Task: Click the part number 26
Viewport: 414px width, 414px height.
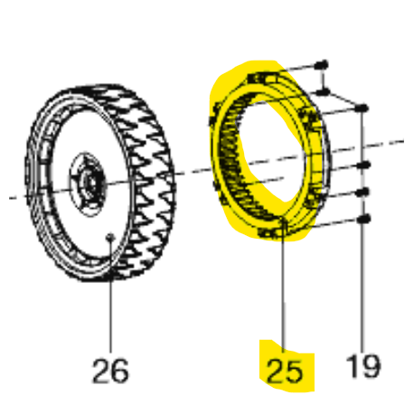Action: [110, 371]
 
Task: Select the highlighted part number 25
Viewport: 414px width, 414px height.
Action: [284, 372]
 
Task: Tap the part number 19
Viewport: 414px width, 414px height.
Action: [363, 366]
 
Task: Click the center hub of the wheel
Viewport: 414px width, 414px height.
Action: [89, 183]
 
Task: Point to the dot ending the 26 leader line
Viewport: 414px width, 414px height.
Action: [110, 237]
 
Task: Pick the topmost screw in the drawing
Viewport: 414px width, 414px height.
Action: [322, 64]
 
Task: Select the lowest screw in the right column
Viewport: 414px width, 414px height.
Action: [363, 219]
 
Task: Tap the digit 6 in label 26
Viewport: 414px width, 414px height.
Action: [119, 371]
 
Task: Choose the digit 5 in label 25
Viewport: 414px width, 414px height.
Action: [293, 372]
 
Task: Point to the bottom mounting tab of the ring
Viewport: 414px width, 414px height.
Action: [269, 232]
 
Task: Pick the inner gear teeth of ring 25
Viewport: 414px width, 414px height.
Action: [233, 156]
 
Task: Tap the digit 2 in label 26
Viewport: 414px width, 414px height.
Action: [101, 371]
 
